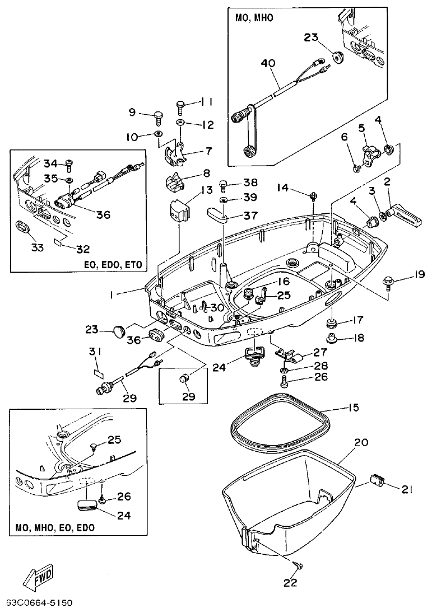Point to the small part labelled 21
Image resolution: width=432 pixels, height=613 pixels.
377,480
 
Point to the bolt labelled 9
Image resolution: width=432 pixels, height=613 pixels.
157,116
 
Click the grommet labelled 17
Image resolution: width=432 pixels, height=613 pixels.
332,323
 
